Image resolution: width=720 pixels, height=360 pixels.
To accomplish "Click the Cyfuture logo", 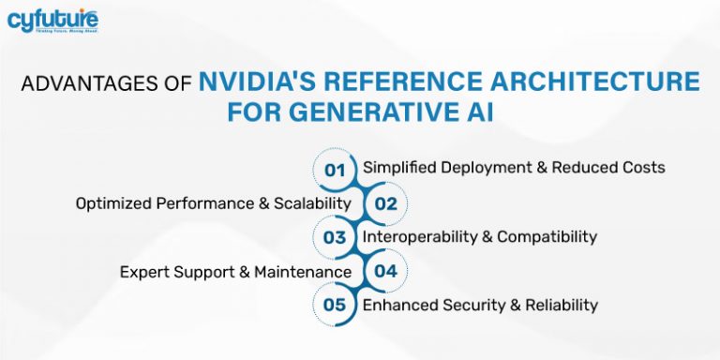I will [x=53, y=22].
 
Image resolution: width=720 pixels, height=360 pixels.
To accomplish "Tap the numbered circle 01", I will [x=335, y=170].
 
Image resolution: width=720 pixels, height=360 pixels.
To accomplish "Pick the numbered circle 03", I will [x=335, y=237].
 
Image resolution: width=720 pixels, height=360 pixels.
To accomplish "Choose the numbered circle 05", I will [x=335, y=305].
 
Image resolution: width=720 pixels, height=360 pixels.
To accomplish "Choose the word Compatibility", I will [x=547, y=237].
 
